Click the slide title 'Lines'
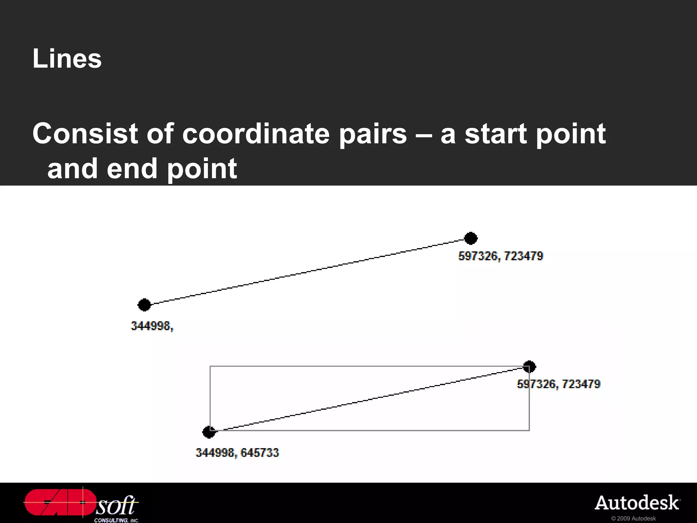67,59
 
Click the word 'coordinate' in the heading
256,133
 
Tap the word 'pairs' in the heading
373,134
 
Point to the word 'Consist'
85,133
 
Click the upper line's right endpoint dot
471,238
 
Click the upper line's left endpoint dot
144,305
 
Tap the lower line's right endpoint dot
529,367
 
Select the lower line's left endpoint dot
209,432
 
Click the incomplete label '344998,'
152,326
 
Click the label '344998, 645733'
237,453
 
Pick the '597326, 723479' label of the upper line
501,256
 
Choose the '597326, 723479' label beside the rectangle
558,384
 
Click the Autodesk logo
637,503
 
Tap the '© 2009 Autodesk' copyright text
633,519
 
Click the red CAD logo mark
60,502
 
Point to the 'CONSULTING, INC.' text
116,520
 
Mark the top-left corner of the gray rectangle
210,366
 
